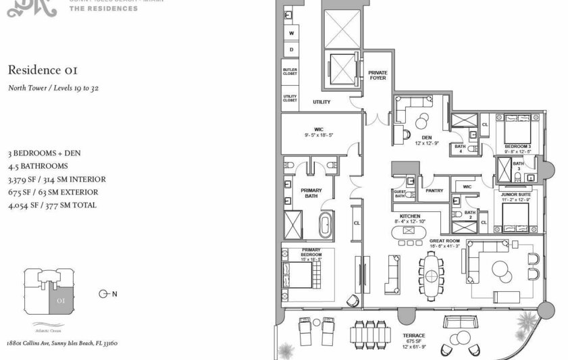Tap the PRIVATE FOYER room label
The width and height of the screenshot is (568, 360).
click(x=377, y=75)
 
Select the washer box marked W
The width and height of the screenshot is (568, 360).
click(x=292, y=32)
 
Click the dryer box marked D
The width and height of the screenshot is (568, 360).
click(x=292, y=49)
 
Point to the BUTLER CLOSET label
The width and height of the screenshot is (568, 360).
click(x=290, y=72)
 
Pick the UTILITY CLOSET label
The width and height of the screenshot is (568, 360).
click(x=290, y=99)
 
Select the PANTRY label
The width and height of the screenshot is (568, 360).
click(x=435, y=190)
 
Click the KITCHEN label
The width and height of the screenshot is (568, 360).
click(x=411, y=215)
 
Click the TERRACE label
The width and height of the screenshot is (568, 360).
click(x=414, y=336)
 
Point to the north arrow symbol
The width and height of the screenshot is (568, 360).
click(x=105, y=293)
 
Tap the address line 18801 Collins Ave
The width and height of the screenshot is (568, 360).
click(x=63, y=343)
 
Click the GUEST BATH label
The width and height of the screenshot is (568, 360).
click(x=399, y=193)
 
